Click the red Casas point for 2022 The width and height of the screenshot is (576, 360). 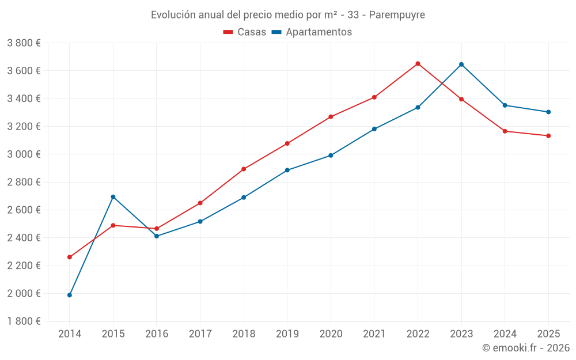pyautogui.click(x=418, y=63)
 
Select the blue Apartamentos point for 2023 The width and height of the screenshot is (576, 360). pyautogui.click(x=461, y=65)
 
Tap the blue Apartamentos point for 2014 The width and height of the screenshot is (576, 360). pyautogui.click(x=70, y=295)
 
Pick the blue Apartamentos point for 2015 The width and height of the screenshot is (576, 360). pyautogui.click(x=113, y=197)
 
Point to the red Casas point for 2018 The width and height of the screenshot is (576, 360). pyautogui.click(x=244, y=169)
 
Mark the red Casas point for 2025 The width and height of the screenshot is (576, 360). pyautogui.click(x=548, y=136)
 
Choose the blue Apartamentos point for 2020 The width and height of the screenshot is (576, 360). pyautogui.click(x=331, y=156)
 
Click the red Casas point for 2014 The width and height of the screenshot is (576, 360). pyautogui.click(x=70, y=257)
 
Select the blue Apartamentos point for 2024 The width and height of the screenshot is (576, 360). pyautogui.click(x=505, y=105)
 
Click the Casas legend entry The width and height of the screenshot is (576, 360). pyautogui.click(x=245, y=32)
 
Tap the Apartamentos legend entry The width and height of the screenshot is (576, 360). pyautogui.click(x=312, y=32)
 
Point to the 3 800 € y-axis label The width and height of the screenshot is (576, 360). pyautogui.click(x=24, y=43)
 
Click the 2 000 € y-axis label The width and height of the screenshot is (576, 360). pyautogui.click(x=24, y=293)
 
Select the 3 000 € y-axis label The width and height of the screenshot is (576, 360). pyautogui.click(x=24, y=154)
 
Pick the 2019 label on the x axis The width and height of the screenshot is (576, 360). pyautogui.click(x=287, y=334)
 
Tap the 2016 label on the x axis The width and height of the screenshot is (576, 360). pyautogui.click(x=157, y=334)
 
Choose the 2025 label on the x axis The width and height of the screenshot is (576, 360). pyautogui.click(x=548, y=334)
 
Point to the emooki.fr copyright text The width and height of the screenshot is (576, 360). pyautogui.click(x=525, y=348)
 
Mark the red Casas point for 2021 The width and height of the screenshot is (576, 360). pyautogui.click(x=374, y=97)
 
